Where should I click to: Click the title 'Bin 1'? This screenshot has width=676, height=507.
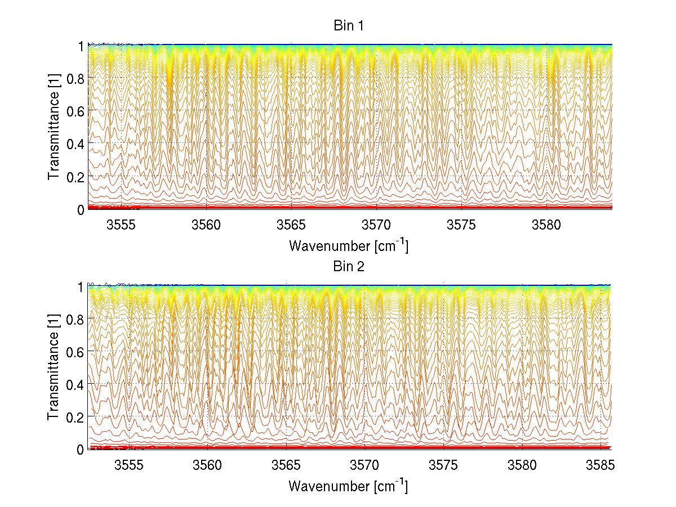tap(349, 26)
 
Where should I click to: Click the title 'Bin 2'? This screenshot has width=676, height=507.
tap(349, 266)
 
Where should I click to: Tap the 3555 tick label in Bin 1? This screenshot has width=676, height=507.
tap(122, 225)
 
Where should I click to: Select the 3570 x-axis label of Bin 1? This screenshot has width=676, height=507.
tap(377, 225)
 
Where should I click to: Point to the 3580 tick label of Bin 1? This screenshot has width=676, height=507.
tap(546, 225)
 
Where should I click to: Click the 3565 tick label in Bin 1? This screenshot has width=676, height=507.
tap(292, 225)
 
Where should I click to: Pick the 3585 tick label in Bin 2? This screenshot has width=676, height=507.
tap(601, 465)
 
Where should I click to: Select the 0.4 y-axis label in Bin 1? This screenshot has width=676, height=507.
tap(76, 143)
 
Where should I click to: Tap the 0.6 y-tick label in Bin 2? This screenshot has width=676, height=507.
tap(76, 351)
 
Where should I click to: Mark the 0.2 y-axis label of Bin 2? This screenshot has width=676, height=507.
tap(76, 416)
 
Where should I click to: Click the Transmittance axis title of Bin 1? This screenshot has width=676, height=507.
tap(54, 127)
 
